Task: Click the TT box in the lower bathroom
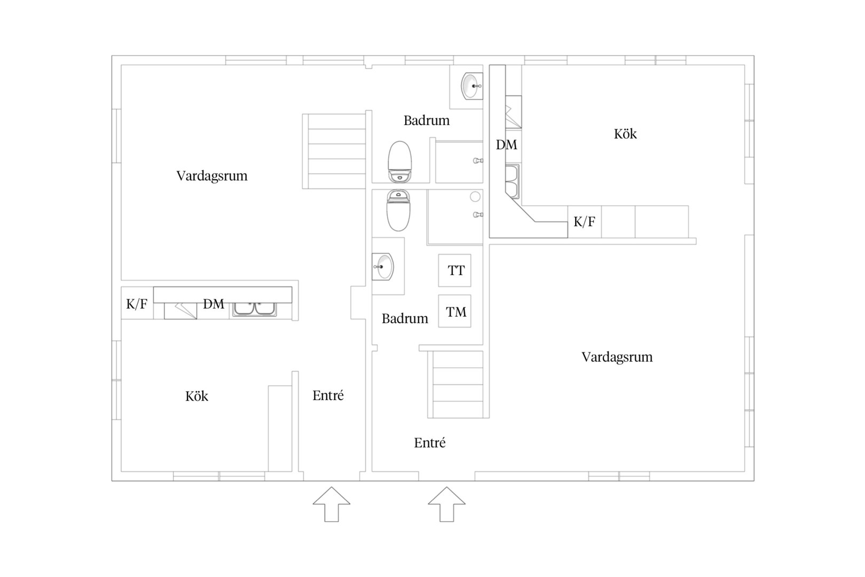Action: pyautogui.click(x=454, y=270)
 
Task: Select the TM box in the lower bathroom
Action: pyautogui.click(x=454, y=311)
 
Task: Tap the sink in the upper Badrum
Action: pyautogui.click(x=471, y=86)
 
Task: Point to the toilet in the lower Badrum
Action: pyautogui.click(x=398, y=210)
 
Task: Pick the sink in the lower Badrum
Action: pyautogui.click(x=383, y=266)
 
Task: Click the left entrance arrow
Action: pyautogui.click(x=332, y=504)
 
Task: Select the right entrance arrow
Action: pyautogui.click(x=446, y=504)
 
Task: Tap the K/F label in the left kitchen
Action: pyautogui.click(x=137, y=304)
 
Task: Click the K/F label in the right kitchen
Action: pyautogui.click(x=584, y=222)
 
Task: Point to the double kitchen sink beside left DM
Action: pyautogui.click(x=255, y=309)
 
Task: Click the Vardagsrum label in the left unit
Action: pyautogui.click(x=212, y=176)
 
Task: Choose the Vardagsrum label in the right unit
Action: pyautogui.click(x=617, y=357)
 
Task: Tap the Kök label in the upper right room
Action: pyautogui.click(x=625, y=134)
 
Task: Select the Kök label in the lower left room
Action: pyautogui.click(x=196, y=396)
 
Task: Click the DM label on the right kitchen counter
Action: pyautogui.click(x=506, y=145)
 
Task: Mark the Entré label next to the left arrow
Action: pyautogui.click(x=328, y=395)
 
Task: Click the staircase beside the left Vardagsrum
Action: pyautogui.click(x=334, y=151)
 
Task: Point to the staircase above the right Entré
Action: pyautogui.click(x=455, y=384)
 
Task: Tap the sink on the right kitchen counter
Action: pyautogui.click(x=513, y=181)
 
